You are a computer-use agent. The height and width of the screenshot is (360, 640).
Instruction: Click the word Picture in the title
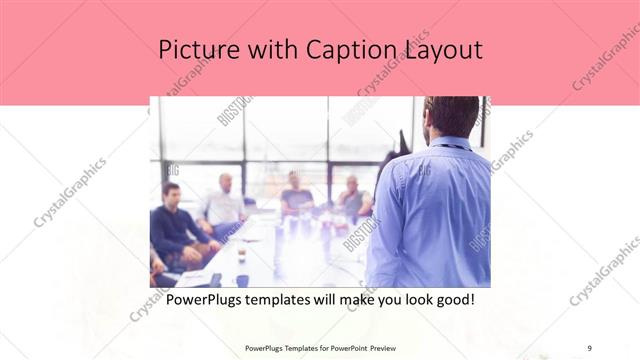196,49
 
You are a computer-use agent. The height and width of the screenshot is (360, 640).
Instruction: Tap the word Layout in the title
440,49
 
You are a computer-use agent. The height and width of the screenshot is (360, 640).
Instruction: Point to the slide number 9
589,348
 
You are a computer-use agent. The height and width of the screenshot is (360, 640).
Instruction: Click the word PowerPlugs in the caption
204,299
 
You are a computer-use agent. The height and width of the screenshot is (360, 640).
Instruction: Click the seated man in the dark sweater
176,225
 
